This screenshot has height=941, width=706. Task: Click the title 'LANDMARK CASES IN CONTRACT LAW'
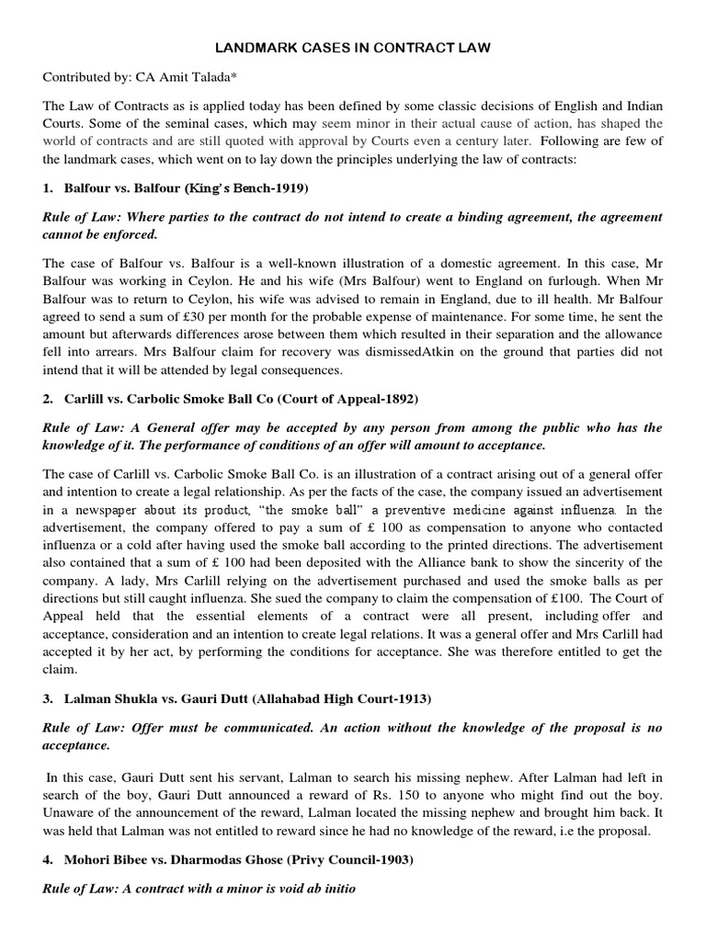coord(353,47)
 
